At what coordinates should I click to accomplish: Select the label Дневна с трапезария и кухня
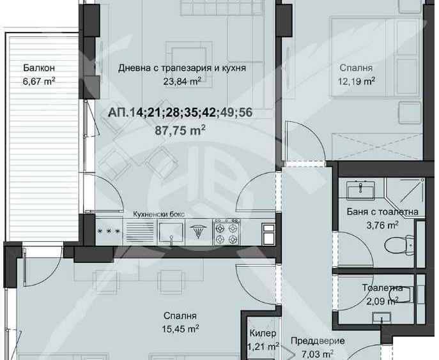click(182, 68)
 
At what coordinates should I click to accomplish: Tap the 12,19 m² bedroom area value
click(357, 80)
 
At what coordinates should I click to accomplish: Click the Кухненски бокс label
click(158, 214)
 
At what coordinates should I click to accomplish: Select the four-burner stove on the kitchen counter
click(227, 230)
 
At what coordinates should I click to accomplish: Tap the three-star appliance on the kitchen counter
click(109, 231)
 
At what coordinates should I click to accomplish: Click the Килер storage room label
click(263, 334)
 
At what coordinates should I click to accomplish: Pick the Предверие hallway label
click(318, 341)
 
